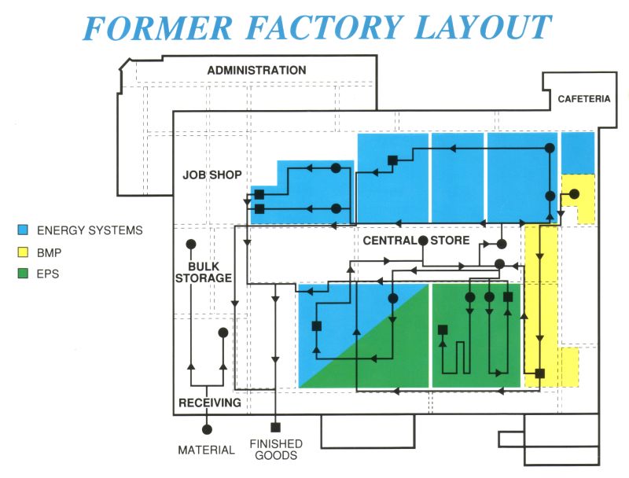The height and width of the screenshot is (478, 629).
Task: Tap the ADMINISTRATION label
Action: tap(256, 71)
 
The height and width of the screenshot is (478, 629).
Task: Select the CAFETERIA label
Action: tap(584, 99)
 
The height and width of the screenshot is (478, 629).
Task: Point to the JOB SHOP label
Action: tap(212, 175)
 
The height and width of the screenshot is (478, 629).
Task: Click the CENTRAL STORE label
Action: tap(416, 241)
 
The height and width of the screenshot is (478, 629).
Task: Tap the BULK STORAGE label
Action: tap(204, 271)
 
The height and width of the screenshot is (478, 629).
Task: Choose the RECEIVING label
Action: tap(209, 403)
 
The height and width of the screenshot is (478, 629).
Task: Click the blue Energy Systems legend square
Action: tap(24, 230)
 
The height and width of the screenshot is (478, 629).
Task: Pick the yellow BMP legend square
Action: tap(24, 252)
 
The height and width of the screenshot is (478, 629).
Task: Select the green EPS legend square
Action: tap(24, 274)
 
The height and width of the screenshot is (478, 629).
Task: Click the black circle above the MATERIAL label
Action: tap(207, 429)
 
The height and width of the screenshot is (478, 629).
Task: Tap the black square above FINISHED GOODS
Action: tap(275, 428)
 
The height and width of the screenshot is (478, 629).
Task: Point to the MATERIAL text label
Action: tap(206, 450)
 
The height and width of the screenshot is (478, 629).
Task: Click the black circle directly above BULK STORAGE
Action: tap(190, 245)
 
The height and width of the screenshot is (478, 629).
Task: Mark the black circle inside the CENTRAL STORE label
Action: tap(423, 240)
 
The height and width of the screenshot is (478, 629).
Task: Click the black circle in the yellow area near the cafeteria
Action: tap(575, 193)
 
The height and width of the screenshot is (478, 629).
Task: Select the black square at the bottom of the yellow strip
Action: tap(540, 373)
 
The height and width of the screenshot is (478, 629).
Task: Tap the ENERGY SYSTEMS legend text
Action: tap(90, 230)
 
